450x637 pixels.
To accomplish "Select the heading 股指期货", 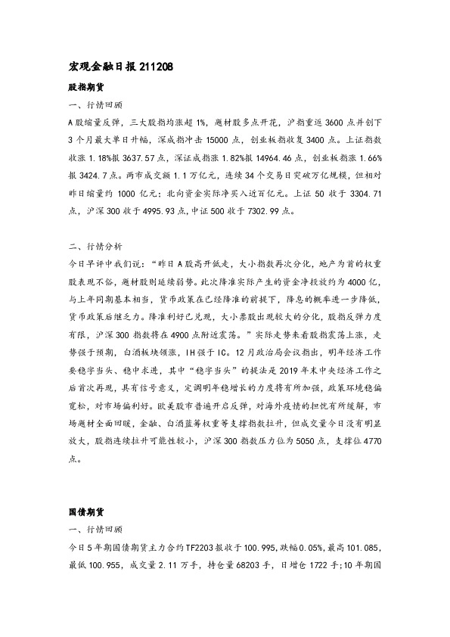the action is tap(82, 87).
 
